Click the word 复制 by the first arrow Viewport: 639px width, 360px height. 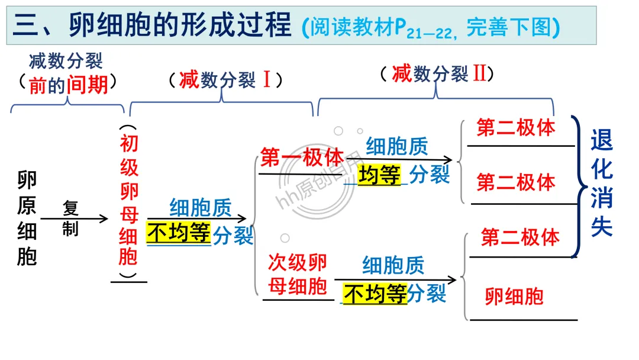pyautogui.click(x=70, y=218)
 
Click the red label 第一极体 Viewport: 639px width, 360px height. pyautogui.click(x=302, y=158)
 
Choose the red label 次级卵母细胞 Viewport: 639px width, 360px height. pyautogui.click(x=297, y=275)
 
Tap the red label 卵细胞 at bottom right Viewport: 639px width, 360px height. pyautogui.click(x=514, y=296)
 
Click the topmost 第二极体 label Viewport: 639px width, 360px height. pyautogui.click(x=516, y=128)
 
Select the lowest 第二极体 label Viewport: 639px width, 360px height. pyautogui.click(x=520, y=237)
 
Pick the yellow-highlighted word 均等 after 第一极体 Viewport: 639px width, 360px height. pyautogui.click(x=379, y=175)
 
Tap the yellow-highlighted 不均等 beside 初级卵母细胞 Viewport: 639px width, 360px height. pyautogui.click(x=179, y=233)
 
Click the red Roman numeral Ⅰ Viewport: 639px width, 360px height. pyautogui.click(x=266, y=80)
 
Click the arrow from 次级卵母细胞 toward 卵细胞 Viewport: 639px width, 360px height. pyautogui.click(x=395, y=279)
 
